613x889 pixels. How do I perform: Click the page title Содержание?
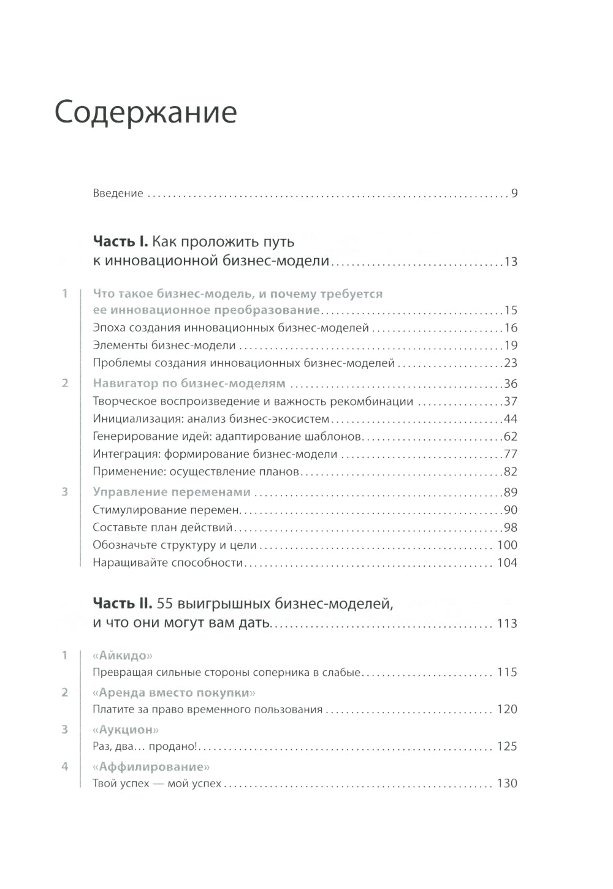tap(146, 113)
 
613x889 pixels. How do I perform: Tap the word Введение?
tap(118, 194)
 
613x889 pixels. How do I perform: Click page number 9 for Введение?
tap(514, 194)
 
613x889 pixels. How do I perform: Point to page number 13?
tap(511, 262)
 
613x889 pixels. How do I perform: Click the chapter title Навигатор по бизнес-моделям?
tap(189, 384)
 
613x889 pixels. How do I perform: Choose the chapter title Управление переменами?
tap(172, 492)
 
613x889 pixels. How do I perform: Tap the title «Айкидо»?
tap(122, 656)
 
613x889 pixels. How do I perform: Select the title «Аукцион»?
tap(126, 730)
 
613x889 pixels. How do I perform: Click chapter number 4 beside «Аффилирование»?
tap(64, 766)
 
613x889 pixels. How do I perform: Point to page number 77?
tap(511, 454)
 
